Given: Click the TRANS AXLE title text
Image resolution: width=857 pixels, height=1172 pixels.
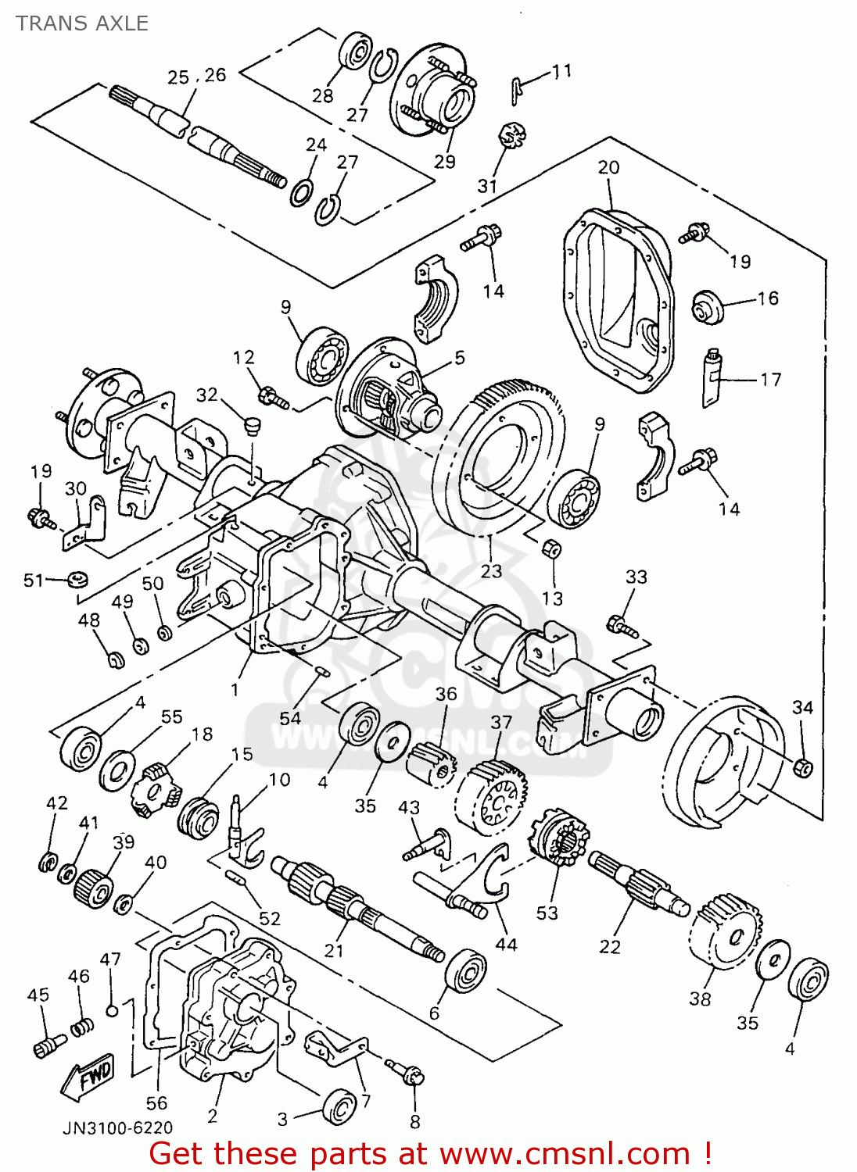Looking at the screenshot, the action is [82, 23].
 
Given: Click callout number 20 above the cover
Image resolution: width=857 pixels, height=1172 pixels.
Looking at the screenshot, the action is [608, 167].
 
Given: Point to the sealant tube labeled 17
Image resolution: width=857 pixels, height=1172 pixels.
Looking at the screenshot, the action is [712, 377].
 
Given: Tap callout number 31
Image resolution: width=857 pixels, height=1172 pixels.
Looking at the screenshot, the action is [487, 185].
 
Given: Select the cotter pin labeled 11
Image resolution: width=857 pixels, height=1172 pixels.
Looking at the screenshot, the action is [516, 91].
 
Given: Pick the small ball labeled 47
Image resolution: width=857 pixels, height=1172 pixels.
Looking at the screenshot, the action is [112, 1008].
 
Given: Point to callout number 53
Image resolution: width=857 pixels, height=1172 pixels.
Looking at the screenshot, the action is [547, 913].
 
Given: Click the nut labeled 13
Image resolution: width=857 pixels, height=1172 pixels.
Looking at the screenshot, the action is [553, 549].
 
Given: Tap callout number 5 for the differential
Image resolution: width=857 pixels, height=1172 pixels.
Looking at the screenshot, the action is [459, 358].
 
